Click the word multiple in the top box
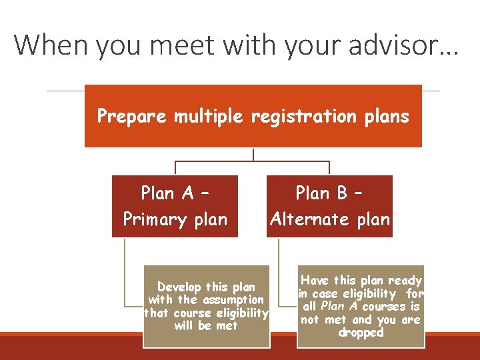click(x=209, y=117)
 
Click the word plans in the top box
click(x=386, y=117)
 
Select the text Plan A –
click(x=175, y=193)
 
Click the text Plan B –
click(x=329, y=193)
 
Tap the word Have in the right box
click(x=315, y=281)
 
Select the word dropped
click(x=361, y=333)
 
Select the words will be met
click(x=206, y=326)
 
